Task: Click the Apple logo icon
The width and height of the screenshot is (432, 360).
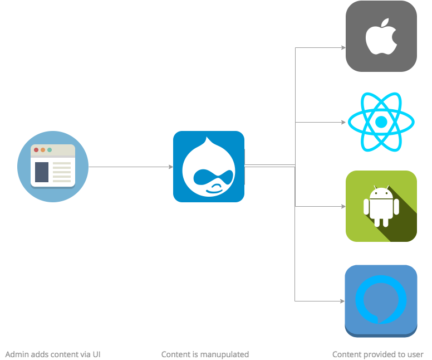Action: pos(381,37)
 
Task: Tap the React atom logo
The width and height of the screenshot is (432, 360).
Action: pos(381,121)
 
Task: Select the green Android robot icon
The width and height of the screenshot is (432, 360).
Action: pos(381,206)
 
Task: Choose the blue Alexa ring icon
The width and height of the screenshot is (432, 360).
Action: pos(381,301)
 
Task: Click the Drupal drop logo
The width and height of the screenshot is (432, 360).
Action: pos(209,167)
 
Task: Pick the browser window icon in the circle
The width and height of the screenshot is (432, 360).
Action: pos(53,166)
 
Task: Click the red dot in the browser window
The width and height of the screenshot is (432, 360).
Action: pos(36,150)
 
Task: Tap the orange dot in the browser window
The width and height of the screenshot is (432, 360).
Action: pos(43,150)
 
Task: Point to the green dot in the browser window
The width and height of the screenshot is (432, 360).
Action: pos(50,150)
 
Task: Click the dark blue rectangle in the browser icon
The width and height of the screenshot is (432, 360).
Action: pos(42,172)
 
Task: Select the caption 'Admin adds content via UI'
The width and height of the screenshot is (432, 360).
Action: pos(53,354)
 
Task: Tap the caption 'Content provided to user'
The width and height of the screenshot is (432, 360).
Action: pos(378,354)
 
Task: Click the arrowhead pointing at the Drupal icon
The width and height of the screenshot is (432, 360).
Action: pos(170,167)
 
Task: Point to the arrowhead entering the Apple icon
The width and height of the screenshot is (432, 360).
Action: pos(343,48)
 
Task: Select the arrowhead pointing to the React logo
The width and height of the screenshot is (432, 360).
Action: pos(343,121)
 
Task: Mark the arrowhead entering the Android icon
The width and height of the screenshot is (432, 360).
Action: pos(343,206)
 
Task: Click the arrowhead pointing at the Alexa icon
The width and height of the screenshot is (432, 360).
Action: pos(343,301)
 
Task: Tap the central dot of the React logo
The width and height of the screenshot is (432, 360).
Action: pos(381,121)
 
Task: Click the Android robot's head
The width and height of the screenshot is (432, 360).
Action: pos(381,194)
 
